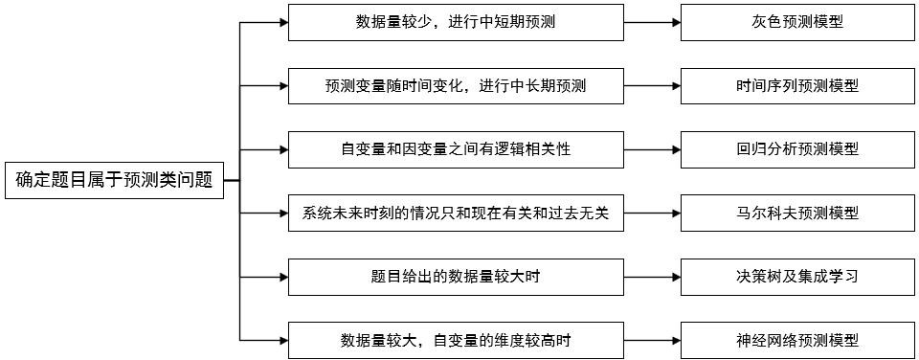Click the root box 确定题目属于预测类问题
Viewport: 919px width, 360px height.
click(114, 180)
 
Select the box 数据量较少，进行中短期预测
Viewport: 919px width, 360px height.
click(455, 22)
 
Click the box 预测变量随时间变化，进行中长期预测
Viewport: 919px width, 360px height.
click(455, 85)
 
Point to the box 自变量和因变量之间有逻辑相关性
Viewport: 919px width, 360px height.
click(455, 149)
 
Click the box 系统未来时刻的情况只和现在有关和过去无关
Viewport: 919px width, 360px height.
click(455, 213)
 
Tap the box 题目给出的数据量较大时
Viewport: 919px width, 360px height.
click(455, 277)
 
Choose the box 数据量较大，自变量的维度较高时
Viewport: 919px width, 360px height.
click(455, 340)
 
